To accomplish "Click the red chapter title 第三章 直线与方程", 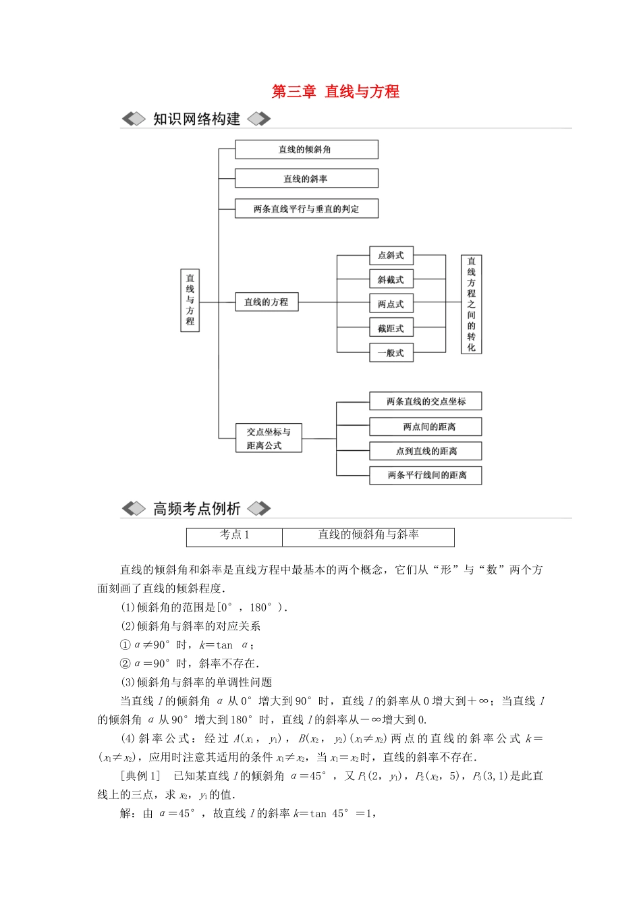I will pos(335,92).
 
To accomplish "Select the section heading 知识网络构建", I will pos(196,119).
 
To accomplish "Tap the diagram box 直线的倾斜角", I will pos(306,150).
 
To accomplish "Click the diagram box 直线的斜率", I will pos(306,179).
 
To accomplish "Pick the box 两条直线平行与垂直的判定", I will pos(306,209).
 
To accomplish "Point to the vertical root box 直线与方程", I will pos(190,300).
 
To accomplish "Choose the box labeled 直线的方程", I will pos(267,302).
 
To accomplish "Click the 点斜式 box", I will pos(391,256).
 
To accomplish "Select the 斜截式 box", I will pos(391,280).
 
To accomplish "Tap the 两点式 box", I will pos(391,304).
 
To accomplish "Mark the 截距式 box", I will pos(391,329).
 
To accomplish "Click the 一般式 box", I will pos(391,353).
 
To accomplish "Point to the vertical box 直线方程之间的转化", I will pos(472,304).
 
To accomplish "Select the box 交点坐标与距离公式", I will pos(269,438).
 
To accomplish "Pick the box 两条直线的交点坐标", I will pos(426,402).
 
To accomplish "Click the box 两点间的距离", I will pos(426,427).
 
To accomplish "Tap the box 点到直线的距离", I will pos(426,451).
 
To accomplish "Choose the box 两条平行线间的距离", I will pos(426,475).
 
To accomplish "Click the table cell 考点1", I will pos(234,536).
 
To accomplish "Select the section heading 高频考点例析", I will pos(196,509).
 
